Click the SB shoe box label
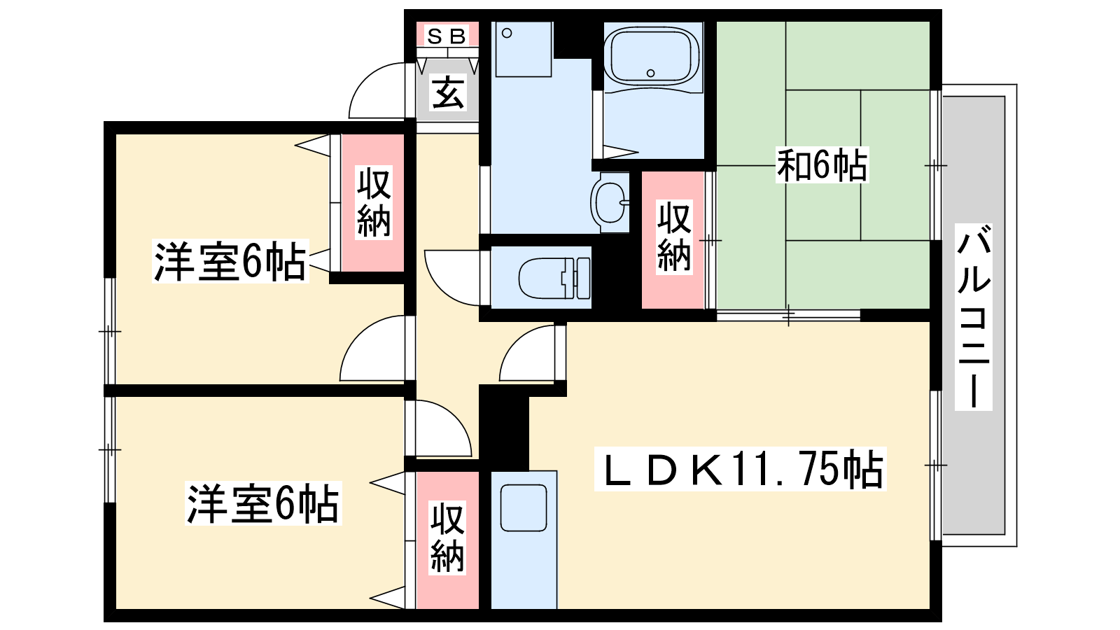pos(447,36)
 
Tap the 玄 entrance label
pos(448,92)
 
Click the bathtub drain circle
pos(650,73)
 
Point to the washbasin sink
pos(610,202)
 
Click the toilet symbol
pos(554,278)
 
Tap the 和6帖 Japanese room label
pos(822,164)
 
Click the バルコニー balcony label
pos(973,317)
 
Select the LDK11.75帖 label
pos(740,469)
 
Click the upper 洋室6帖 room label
pos(230,262)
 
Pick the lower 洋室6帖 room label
pos(263,503)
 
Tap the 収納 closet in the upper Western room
pos(374,202)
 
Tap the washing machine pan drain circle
pos(507,34)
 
